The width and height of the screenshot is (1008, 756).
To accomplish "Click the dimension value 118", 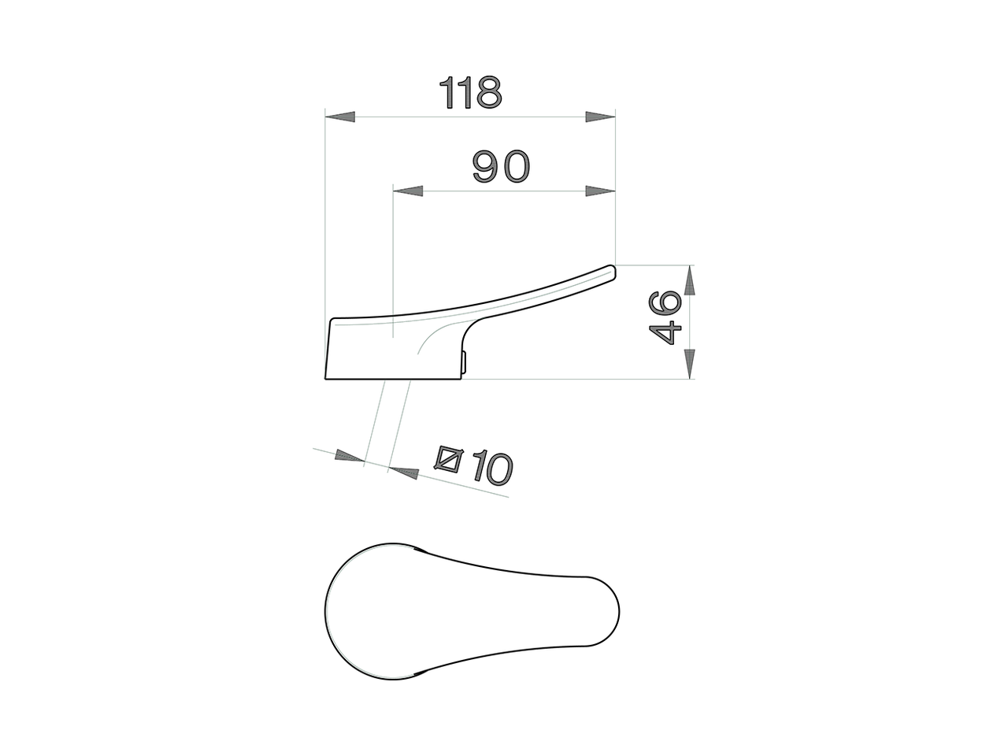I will point(470,93).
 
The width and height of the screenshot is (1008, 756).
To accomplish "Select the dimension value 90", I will point(502,166).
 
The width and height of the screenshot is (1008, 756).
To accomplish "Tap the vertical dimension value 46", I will point(665,317).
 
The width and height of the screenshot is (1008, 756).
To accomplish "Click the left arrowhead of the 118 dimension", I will point(340,117).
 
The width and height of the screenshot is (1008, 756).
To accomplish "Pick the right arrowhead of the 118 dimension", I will point(600,117).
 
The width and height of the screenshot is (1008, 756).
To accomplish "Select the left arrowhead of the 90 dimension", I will point(408,191).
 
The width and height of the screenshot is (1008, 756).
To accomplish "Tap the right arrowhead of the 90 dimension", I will point(600,191).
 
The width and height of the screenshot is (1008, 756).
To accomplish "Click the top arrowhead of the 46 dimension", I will point(689,280).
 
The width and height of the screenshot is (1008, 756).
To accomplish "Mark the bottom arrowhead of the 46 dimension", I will point(689,364).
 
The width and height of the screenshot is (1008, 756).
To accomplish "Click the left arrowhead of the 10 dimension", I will point(350,457).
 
